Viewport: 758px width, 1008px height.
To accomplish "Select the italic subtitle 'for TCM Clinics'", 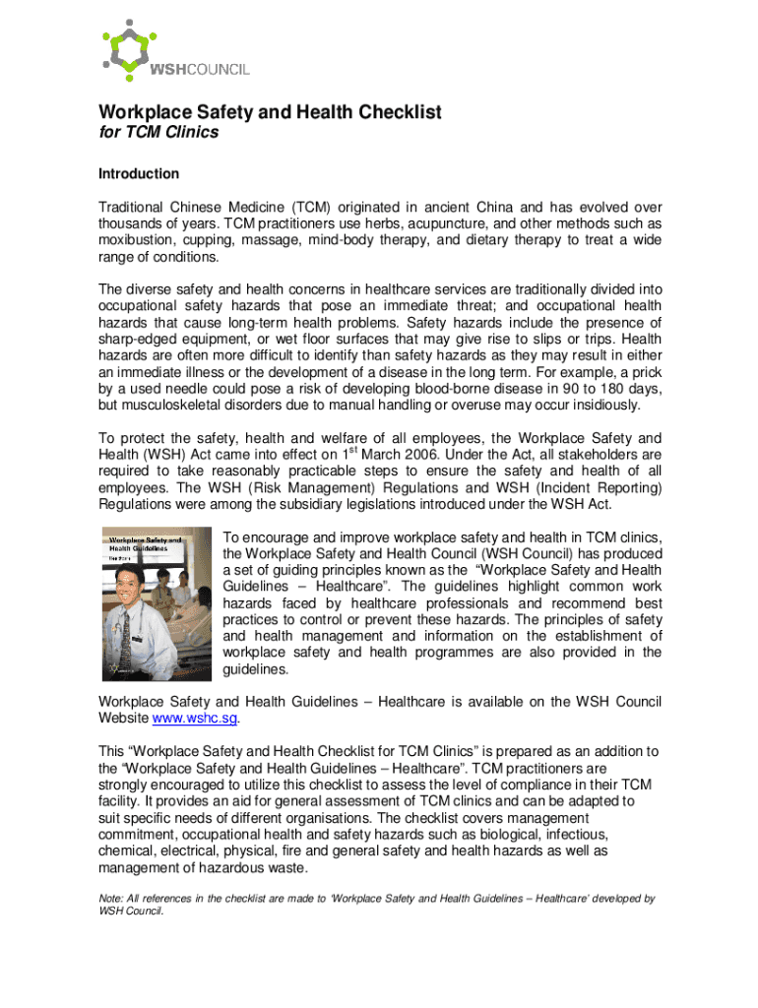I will click(x=158, y=133).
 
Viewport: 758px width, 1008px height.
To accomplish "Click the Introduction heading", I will click(x=139, y=174).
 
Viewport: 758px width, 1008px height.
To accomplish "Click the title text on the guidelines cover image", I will click(x=144, y=544).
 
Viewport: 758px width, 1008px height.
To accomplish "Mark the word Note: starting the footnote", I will click(x=112, y=899).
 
